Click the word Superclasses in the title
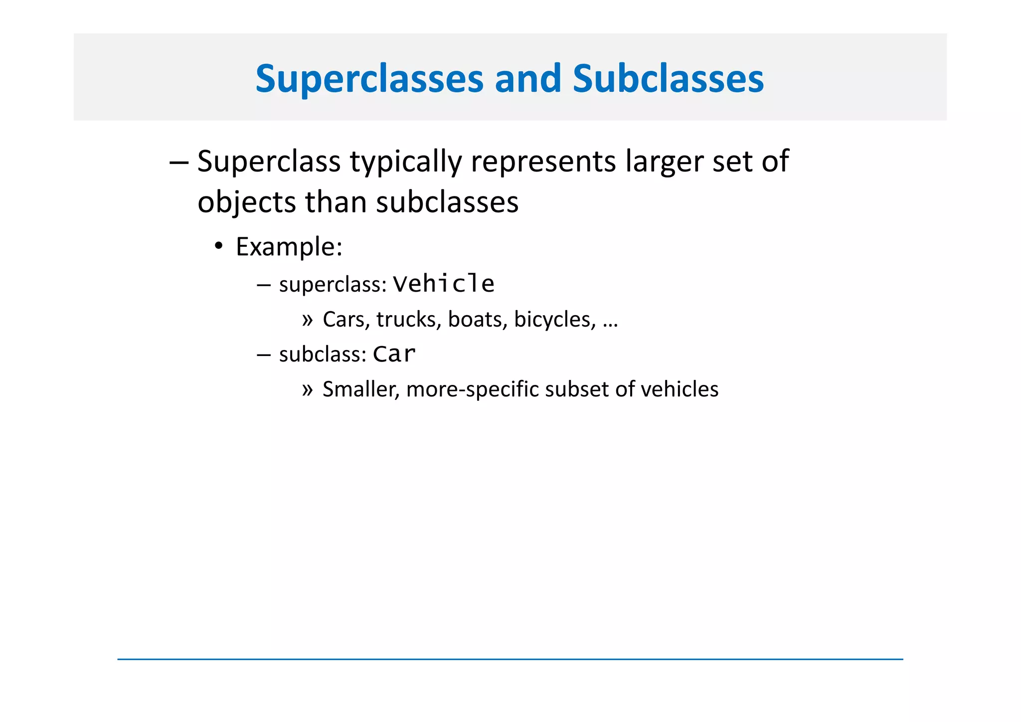(x=369, y=79)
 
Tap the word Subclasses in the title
(x=668, y=79)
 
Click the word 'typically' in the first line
(x=406, y=162)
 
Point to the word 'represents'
(x=543, y=162)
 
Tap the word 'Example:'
(x=289, y=247)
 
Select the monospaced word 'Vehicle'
(x=444, y=284)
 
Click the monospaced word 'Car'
(x=394, y=355)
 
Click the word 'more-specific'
(x=472, y=389)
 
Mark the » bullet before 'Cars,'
(x=307, y=320)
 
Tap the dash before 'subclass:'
(x=263, y=355)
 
